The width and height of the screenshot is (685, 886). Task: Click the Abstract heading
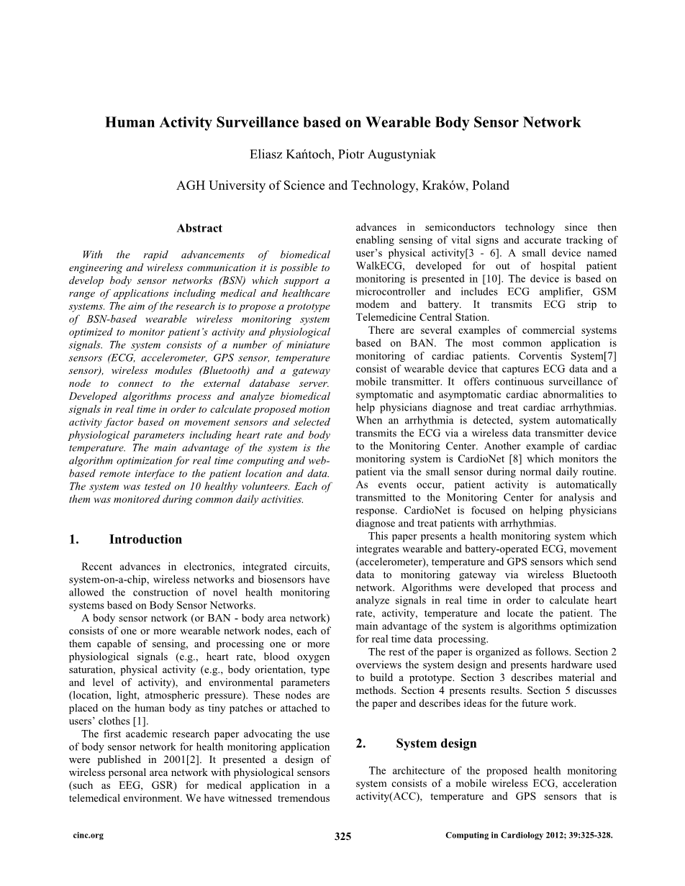pos(199,228)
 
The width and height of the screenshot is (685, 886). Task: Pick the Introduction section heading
pos(145,539)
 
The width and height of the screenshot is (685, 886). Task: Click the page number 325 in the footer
pos(342,836)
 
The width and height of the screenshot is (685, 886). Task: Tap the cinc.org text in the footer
pos(89,836)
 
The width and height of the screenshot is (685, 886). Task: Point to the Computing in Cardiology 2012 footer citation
pos(529,836)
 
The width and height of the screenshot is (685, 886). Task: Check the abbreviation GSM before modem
pos(602,292)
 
